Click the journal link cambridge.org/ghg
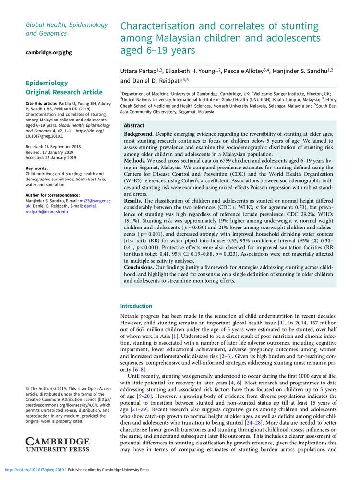[x=48, y=52]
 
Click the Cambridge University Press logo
[x=57, y=444]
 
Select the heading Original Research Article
[x=64, y=92]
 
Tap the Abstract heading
[x=134, y=125]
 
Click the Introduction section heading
[x=137, y=306]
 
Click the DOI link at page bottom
[x=36, y=470]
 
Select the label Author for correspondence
[x=52, y=195]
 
